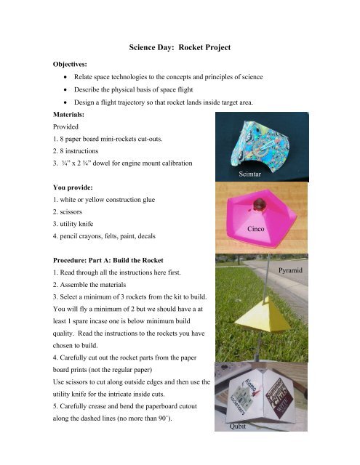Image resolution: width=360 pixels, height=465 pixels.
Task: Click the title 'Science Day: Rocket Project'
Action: [179, 48]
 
